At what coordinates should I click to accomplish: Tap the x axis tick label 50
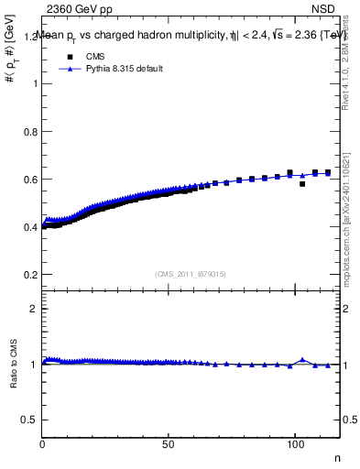169,443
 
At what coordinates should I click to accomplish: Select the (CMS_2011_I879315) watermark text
191,273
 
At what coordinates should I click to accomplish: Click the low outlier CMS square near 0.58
302,184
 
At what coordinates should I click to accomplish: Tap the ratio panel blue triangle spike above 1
302,360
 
